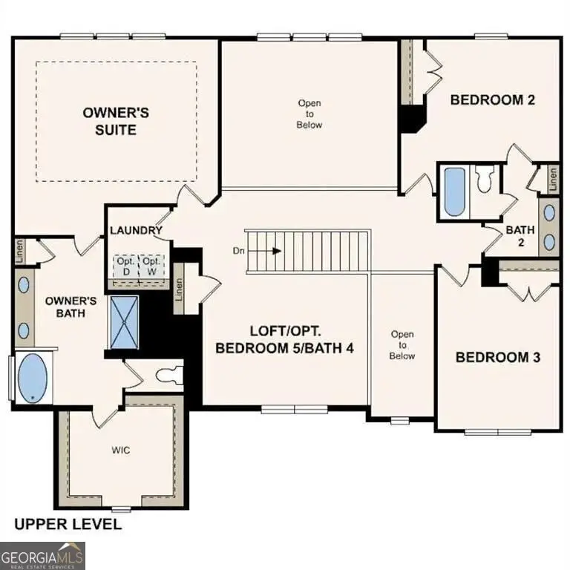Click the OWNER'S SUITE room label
[116, 121]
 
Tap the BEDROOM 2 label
[493, 100]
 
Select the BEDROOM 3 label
[497, 358]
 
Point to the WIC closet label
[122, 451]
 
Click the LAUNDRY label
[136, 231]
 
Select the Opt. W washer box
[151, 266]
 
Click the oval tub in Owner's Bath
[30, 378]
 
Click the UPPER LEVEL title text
[68, 525]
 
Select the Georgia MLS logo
[43, 555]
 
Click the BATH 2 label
[520, 236]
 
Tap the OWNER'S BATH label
[71, 307]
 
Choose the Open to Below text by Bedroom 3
[402, 345]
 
